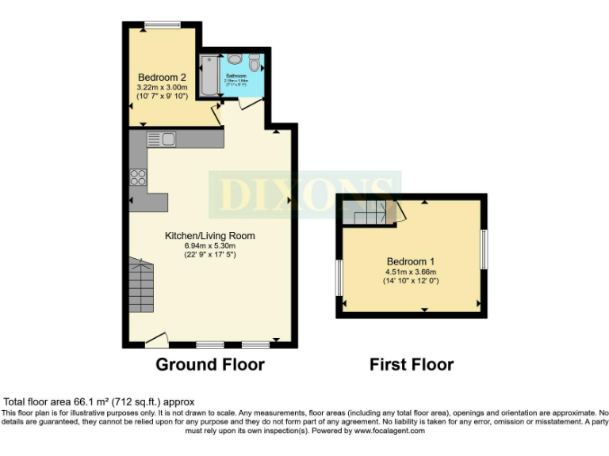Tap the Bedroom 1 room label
411,261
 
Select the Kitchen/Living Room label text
209,236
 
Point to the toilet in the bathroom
254,63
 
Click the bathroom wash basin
235,60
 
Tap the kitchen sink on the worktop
162,139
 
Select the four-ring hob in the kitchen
138,177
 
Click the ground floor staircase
144,285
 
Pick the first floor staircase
370,212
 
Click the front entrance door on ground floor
157,341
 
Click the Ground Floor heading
209,364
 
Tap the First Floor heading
411,364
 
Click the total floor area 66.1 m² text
99,402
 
